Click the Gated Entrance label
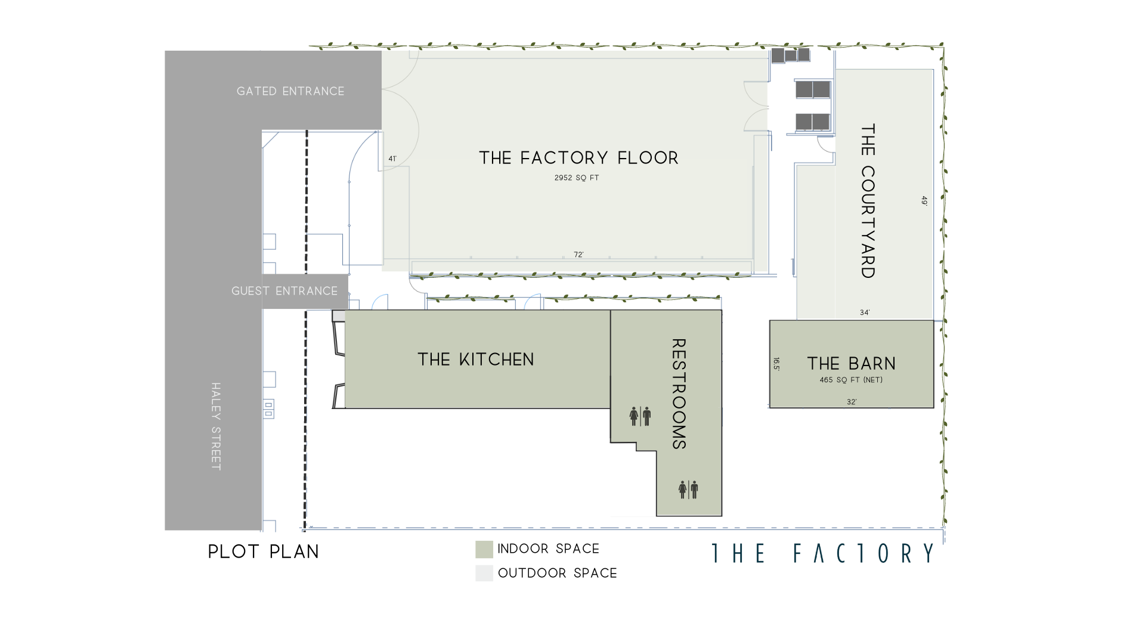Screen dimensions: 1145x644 [x=290, y=91]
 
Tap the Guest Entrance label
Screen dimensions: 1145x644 [x=284, y=291]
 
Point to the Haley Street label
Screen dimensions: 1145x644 [x=216, y=426]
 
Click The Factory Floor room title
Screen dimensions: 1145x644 [x=578, y=158]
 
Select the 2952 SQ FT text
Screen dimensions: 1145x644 [x=577, y=178]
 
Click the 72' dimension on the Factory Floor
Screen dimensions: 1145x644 [x=578, y=255]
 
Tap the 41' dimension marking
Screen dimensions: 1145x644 [x=392, y=159]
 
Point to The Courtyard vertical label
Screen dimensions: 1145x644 [x=868, y=201]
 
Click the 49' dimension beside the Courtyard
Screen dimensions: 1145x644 [x=924, y=201]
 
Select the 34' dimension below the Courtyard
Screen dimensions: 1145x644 [x=865, y=312]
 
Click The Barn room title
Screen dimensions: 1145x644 [x=852, y=364]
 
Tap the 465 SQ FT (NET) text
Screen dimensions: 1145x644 [x=851, y=380]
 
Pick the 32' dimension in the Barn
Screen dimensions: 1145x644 [x=852, y=402]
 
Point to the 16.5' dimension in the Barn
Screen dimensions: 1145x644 [x=776, y=364]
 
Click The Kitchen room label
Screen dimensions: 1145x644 [x=476, y=360]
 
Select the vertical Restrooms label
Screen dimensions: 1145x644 [x=679, y=394]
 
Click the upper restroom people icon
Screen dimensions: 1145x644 [x=640, y=416]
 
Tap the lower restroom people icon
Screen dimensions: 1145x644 [x=688, y=490]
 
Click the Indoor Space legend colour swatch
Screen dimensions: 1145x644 [x=484, y=549]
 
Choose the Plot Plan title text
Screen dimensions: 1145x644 [x=264, y=552]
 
